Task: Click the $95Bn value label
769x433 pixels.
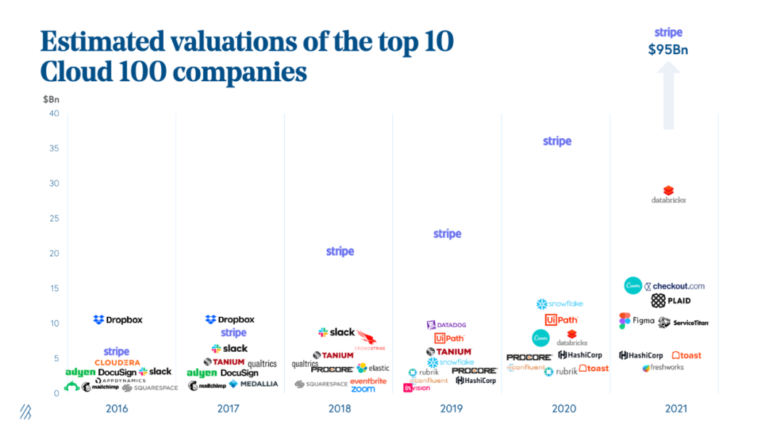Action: pos(668,50)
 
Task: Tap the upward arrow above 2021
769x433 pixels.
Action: pos(668,96)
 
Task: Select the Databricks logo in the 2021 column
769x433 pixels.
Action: pos(668,194)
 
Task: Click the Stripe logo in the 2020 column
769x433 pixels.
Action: pos(557,141)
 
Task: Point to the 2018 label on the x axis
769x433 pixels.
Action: pos(340,409)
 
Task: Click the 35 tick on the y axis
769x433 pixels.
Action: pos(54,149)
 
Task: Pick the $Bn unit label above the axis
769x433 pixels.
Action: pos(51,98)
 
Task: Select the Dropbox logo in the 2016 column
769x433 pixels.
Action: pos(117,320)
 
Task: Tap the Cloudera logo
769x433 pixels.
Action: pos(117,363)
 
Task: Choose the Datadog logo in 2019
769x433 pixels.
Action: pos(446,325)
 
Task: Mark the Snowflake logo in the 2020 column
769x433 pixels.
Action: pos(559,304)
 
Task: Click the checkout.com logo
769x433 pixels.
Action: pos(674,286)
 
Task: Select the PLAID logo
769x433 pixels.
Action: pos(671,301)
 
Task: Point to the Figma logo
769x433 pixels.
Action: pos(637,320)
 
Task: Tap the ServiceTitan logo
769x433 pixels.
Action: pos(684,323)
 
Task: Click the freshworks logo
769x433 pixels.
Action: pos(663,368)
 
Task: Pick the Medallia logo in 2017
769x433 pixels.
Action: pos(253,385)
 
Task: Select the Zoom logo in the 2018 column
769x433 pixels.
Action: pos(363,389)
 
